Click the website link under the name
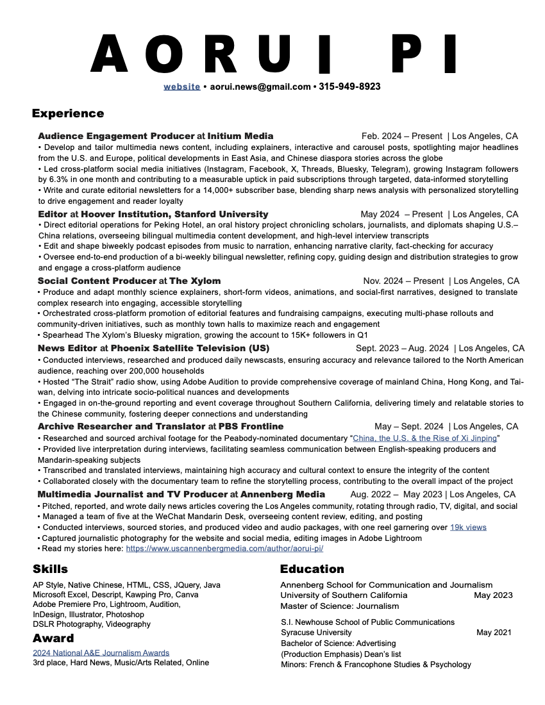click(181, 87)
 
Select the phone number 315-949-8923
click(349, 87)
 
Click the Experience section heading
click(68, 113)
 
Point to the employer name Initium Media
click(240, 136)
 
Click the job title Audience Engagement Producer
click(116, 136)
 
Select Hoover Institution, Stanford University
click(174, 214)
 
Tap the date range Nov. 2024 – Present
click(405, 281)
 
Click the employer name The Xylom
click(195, 281)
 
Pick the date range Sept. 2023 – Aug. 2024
click(402, 348)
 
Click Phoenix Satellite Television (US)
click(190, 348)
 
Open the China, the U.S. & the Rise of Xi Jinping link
click(424, 438)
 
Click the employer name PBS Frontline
click(251, 426)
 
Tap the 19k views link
click(468, 527)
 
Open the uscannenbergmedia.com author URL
click(224, 549)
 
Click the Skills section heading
click(50, 569)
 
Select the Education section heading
click(312, 569)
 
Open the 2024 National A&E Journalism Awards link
click(101, 652)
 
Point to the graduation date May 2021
click(494, 633)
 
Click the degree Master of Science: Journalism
click(340, 606)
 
